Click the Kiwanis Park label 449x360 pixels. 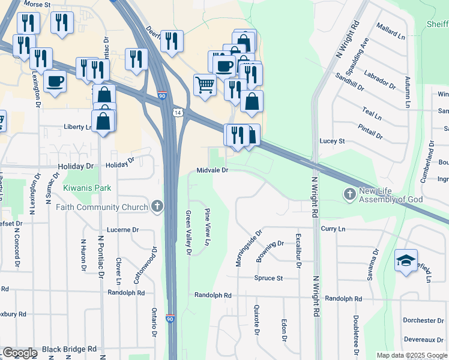tap(88, 188)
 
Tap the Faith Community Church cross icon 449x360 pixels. tap(157, 207)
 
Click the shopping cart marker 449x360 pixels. tap(205, 86)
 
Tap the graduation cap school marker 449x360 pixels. tap(406, 261)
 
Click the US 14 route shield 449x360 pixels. tap(177, 112)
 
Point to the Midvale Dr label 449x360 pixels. tap(212, 170)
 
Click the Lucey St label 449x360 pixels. tap(333, 141)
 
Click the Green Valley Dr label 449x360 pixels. tap(188, 233)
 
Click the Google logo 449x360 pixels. tap(20, 353)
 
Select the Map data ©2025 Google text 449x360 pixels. tap(411, 355)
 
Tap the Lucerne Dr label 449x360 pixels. tap(122, 230)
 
